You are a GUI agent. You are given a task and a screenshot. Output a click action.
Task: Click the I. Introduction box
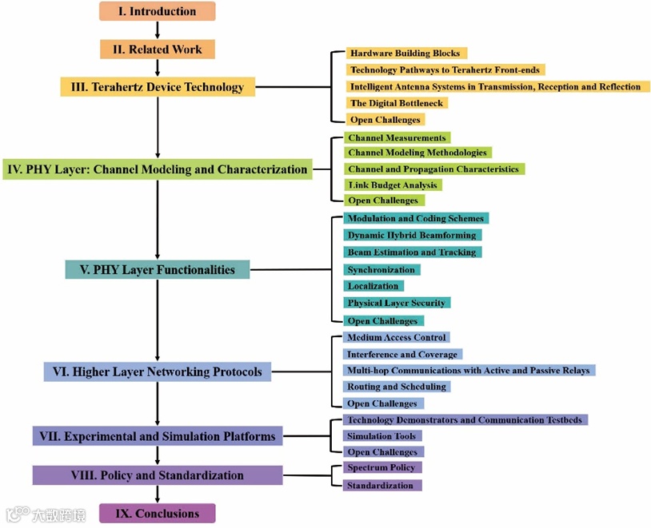click(157, 11)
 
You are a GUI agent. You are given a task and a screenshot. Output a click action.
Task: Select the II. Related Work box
click(157, 50)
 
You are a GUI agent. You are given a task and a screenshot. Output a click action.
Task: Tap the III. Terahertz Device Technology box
click(158, 86)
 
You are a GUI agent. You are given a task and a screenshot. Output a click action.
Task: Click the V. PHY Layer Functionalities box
click(157, 269)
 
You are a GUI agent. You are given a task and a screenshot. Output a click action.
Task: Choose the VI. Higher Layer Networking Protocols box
click(157, 371)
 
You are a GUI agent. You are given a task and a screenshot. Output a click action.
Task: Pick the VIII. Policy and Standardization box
click(157, 475)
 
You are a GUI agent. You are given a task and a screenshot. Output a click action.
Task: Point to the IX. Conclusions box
click(157, 513)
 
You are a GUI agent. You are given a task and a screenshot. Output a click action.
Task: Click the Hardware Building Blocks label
click(405, 54)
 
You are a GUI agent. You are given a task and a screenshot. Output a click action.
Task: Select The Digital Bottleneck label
click(396, 103)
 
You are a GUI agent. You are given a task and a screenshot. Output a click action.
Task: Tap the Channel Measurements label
click(397, 138)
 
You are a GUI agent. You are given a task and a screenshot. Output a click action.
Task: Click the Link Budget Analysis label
click(393, 185)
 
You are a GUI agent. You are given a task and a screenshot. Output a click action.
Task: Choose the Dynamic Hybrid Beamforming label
click(412, 236)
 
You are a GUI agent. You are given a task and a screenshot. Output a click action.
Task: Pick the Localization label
click(373, 286)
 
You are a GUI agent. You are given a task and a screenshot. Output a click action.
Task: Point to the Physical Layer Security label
click(397, 303)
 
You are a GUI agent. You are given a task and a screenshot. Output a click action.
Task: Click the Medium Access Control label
click(397, 338)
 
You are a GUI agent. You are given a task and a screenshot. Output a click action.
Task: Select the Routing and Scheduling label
click(396, 387)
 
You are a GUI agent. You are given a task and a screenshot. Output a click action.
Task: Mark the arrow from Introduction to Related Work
click(158, 30)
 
